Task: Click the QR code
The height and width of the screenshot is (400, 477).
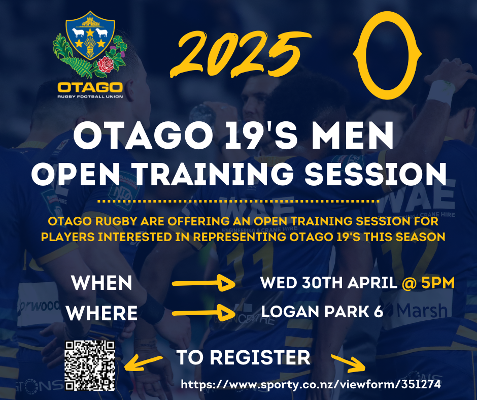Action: tap(90, 365)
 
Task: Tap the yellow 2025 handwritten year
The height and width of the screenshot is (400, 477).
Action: tap(241, 53)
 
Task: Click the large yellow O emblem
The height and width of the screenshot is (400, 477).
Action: tap(387, 55)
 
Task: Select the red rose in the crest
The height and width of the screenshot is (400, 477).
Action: tap(106, 64)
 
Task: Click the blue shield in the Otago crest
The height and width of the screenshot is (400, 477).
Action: tap(90, 36)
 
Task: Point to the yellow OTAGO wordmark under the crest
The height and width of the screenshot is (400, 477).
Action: tap(90, 88)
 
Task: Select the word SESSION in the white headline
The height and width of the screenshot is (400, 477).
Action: tap(376, 174)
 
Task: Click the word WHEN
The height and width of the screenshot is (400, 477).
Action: tap(101, 283)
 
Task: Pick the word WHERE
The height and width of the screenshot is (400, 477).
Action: tap(102, 313)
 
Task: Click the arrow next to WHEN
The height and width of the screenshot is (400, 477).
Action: tap(203, 283)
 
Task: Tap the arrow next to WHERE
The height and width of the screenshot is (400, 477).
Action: tap(203, 313)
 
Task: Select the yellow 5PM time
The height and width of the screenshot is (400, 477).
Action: tap(438, 283)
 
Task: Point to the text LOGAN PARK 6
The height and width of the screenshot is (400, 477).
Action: tap(322, 311)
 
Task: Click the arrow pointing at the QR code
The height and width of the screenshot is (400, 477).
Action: tap(144, 362)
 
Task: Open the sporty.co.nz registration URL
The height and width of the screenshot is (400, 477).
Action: tap(311, 384)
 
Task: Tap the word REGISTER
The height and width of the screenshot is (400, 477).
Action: tap(260, 357)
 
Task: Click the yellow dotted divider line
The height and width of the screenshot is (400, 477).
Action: tap(239, 201)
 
